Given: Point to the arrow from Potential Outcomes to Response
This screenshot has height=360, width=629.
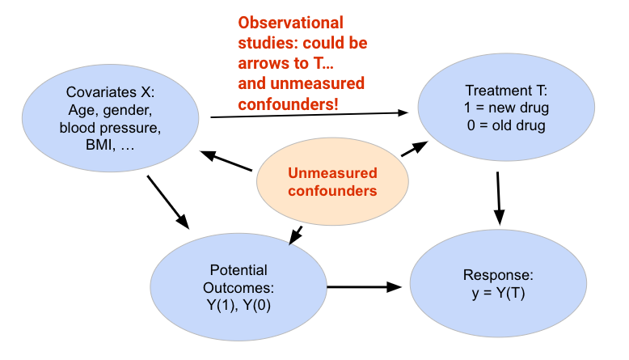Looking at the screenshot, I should pos(364,286).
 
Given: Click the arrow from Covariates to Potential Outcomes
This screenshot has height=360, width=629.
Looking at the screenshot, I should pos(168,202).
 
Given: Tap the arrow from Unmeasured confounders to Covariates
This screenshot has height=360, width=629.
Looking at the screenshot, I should pos(227,162).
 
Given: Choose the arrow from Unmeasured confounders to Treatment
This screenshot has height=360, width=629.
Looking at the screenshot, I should pos(414,149).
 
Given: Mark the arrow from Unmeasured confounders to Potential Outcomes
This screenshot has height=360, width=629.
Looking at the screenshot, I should pos(296,235).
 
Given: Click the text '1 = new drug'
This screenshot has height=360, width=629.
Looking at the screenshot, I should pos(496,108).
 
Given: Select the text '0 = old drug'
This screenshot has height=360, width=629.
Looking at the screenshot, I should pos(496,125).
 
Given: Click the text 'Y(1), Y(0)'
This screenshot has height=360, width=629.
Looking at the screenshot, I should pos(239,304).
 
